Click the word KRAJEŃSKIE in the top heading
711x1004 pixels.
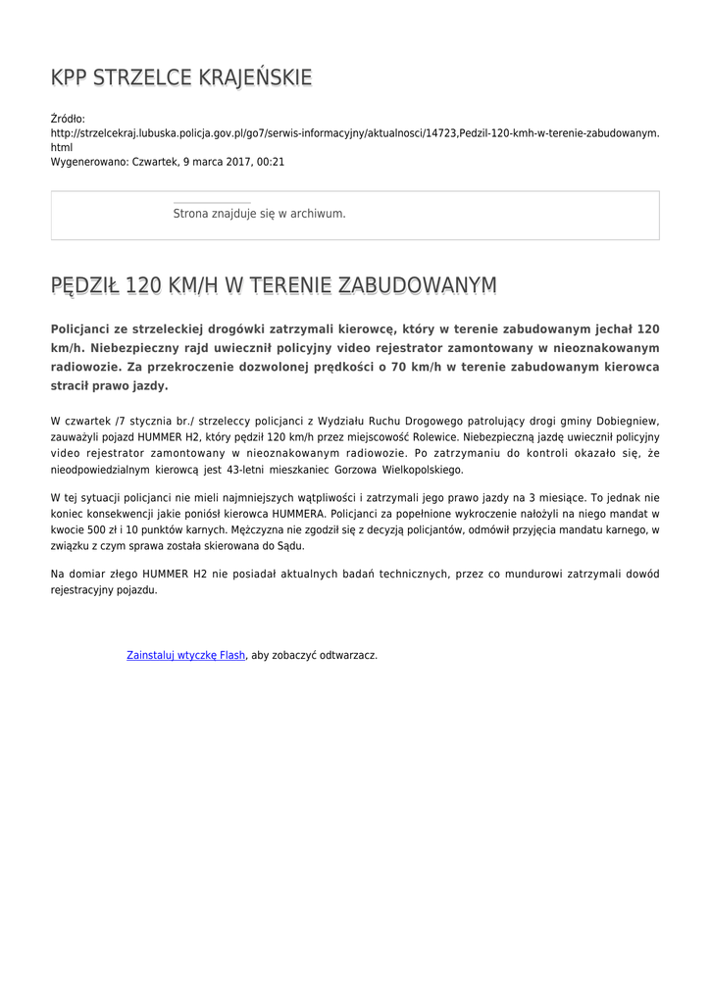(x=257, y=77)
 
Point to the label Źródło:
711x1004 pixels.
(x=68, y=119)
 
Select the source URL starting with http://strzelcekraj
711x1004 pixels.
(x=354, y=132)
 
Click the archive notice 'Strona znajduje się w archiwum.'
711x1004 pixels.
(x=259, y=213)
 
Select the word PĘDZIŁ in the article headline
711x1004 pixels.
(x=83, y=285)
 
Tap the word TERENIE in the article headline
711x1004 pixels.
(x=291, y=285)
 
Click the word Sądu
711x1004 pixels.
(x=290, y=546)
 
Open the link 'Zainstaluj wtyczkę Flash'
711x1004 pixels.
(x=185, y=655)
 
